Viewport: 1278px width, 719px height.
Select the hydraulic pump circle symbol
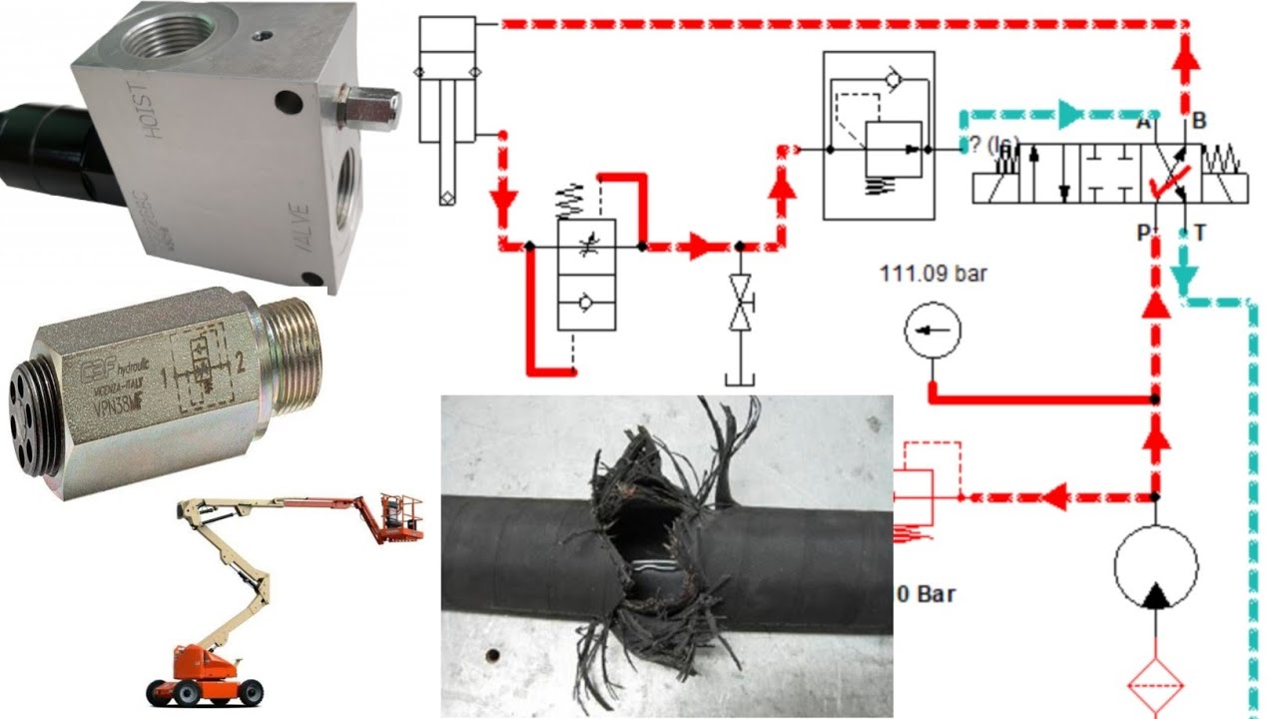[x=1156, y=566]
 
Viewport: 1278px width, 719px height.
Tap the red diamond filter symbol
[x=1156, y=684]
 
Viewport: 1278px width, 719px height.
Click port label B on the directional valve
[x=1199, y=122]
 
